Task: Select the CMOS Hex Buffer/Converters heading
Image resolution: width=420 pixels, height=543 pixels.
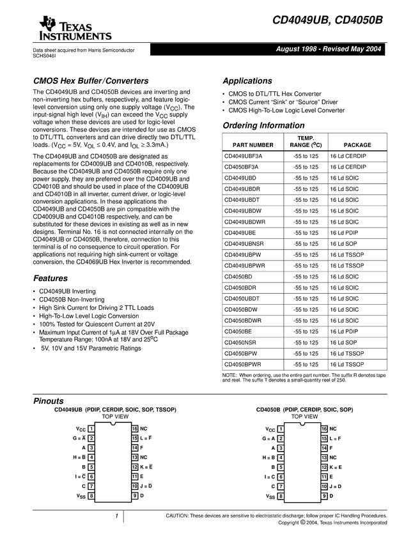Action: point(91,81)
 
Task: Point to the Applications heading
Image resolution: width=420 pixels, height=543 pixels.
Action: point(247,81)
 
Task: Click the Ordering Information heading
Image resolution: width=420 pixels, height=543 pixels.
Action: point(263,125)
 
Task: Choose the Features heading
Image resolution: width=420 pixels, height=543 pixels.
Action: point(51,279)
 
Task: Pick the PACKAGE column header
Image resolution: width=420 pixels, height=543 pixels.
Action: point(357,145)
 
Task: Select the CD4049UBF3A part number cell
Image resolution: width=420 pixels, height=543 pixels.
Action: point(243,155)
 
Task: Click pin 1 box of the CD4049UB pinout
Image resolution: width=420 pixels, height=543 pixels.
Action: point(92,429)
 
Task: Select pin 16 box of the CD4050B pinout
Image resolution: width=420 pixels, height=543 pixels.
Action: point(324,429)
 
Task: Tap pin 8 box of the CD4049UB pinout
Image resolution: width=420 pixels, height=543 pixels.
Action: point(92,496)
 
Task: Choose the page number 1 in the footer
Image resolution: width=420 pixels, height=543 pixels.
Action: point(117,516)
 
